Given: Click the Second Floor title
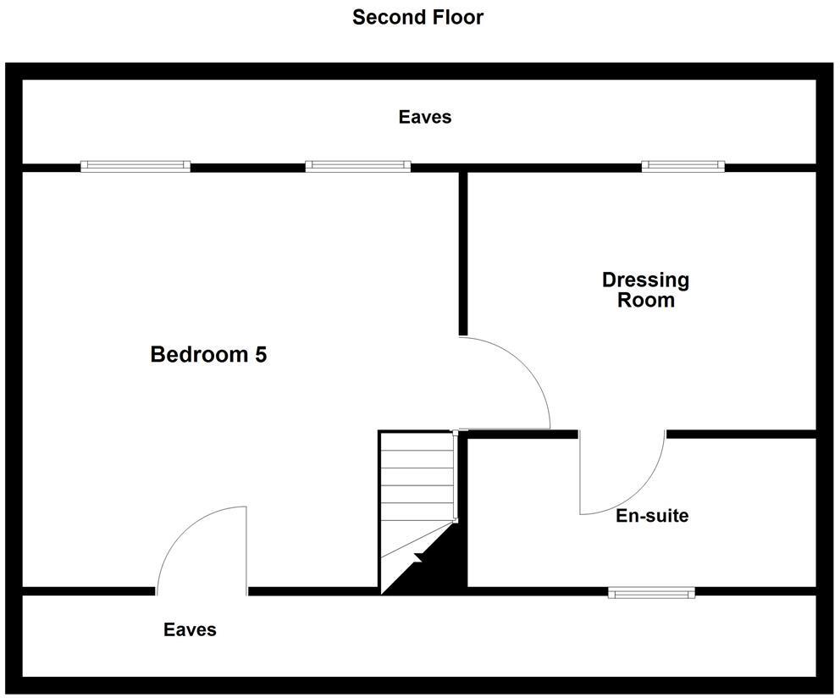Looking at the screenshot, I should coord(417,17).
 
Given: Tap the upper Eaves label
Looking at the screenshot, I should coord(425,117).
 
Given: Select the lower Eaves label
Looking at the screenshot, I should coord(190,629).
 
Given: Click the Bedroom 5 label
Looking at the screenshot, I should coord(208,354).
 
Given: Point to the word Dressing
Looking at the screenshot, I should coord(645,280).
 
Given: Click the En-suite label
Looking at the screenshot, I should coord(651,515).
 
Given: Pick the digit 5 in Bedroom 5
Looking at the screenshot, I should coord(260,354).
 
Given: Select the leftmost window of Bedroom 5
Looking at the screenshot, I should coord(135,166).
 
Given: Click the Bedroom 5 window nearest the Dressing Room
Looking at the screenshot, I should coord(357,166).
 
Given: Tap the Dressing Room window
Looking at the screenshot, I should coord(682,166).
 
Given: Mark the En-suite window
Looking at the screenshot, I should coord(651,592).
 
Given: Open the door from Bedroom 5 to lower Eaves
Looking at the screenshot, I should coord(202,551).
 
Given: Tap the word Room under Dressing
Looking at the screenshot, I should coord(645,300).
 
